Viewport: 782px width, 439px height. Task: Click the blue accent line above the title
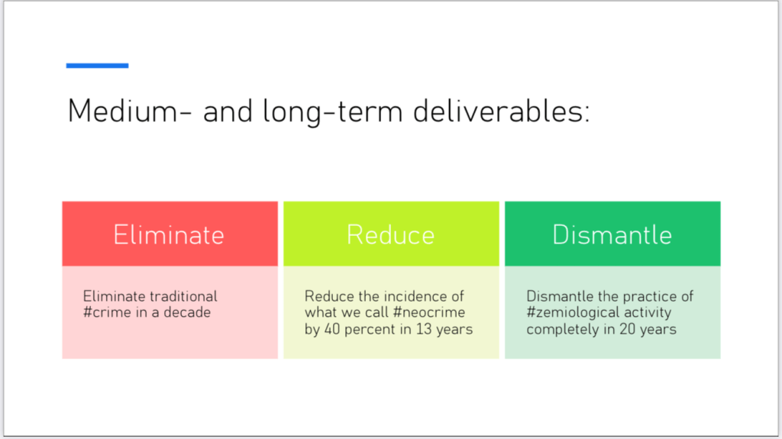97,66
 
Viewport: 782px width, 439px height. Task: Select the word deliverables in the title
501,111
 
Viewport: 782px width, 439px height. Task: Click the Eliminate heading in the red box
169,234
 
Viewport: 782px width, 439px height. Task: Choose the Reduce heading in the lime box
391,234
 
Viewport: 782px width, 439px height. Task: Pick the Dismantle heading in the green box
612,234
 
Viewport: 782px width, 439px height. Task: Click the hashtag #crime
105,312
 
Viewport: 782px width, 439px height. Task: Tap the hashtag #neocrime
429,312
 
